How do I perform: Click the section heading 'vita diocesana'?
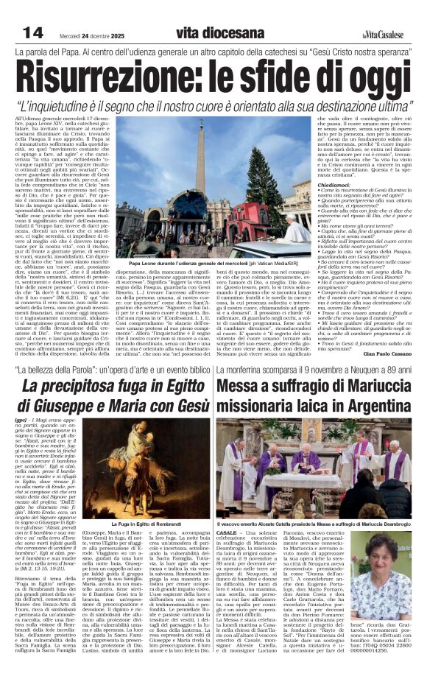tap(220, 33)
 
